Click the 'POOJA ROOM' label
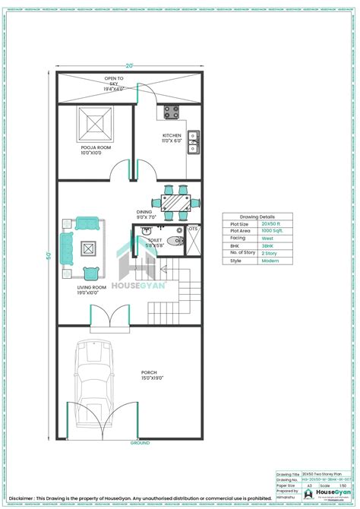pyautogui.click(x=95, y=149)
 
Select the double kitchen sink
pyautogui.click(x=193, y=138)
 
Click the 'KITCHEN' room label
pyautogui.click(x=171, y=136)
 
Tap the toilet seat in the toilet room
pyautogui.click(x=175, y=242)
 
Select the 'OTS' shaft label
pyautogui.click(x=194, y=229)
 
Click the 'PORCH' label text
pyautogui.click(x=150, y=373)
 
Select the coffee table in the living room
pyautogui.click(x=89, y=248)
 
